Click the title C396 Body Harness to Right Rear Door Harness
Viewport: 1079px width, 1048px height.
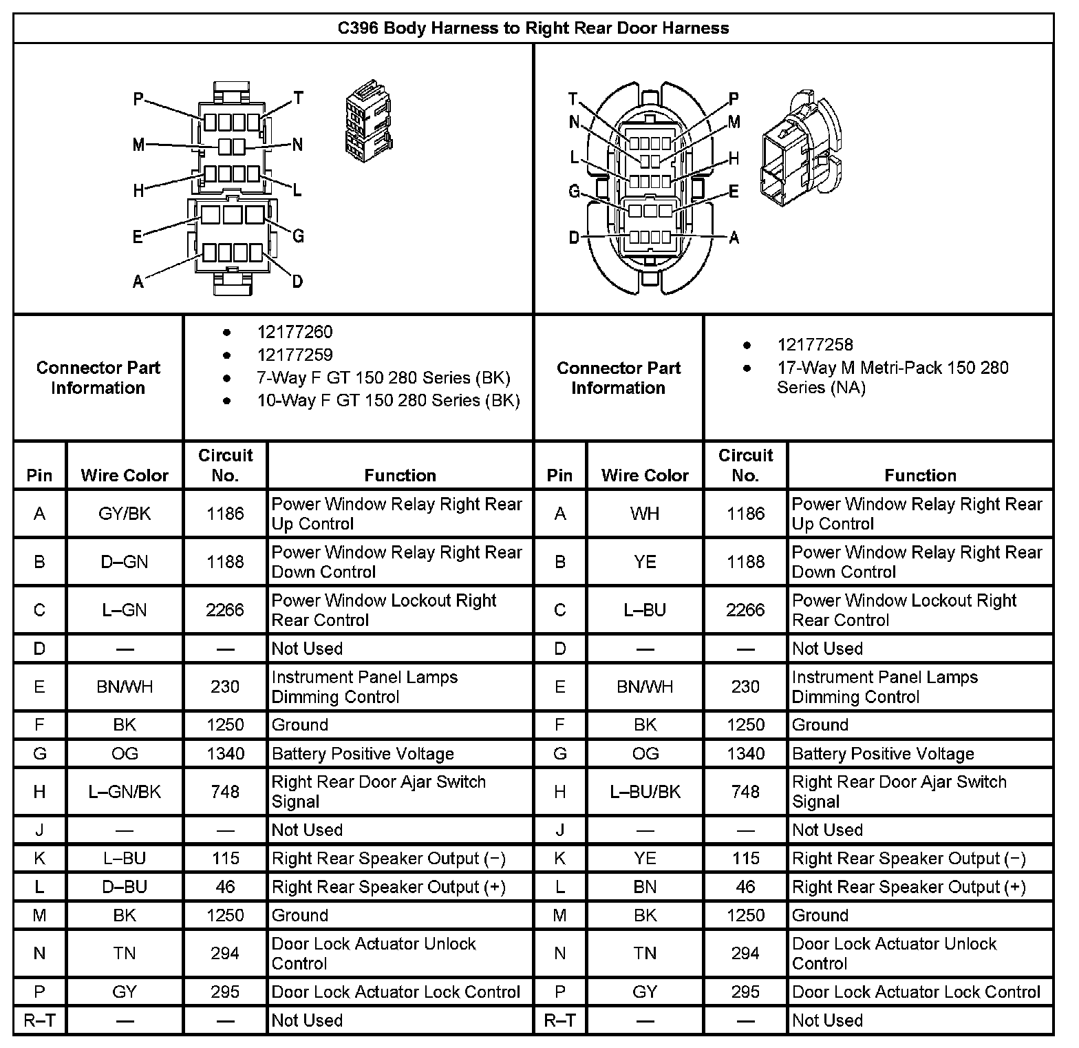pyautogui.click(x=533, y=28)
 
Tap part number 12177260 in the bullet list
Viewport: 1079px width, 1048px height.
pyautogui.click(x=295, y=332)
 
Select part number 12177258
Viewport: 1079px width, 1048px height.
pyautogui.click(x=815, y=345)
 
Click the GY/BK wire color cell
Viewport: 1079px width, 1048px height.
pyautogui.click(x=125, y=514)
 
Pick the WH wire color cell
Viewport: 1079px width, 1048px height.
pyautogui.click(x=645, y=514)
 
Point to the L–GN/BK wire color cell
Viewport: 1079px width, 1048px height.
pyautogui.click(x=125, y=792)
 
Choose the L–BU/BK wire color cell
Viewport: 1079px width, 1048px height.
pyautogui.click(x=645, y=792)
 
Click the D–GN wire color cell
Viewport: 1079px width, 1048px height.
pyautogui.click(x=125, y=562)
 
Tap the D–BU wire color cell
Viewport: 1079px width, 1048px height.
pyautogui.click(x=125, y=887)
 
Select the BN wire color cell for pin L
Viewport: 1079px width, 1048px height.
pyautogui.click(x=645, y=887)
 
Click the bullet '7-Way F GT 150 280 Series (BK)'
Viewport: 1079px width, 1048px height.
pyautogui.click(x=383, y=378)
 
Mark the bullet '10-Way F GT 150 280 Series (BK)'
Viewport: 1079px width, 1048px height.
pyautogui.click(x=388, y=401)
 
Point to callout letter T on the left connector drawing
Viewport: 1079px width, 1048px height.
pyautogui.click(x=299, y=98)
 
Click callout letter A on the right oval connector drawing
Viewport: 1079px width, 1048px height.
pyautogui.click(x=734, y=238)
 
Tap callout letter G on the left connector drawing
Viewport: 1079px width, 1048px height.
pyautogui.click(x=298, y=237)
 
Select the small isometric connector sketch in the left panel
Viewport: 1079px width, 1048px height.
pyautogui.click(x=367, y=118)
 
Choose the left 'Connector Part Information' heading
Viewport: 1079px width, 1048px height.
pyautogui.click(x=98, y=378)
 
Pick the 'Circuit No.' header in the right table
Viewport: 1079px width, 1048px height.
pyautogui.click(x=745, y=465)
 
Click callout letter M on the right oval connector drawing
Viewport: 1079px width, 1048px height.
pyautogui.click(x=734, y=123)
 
